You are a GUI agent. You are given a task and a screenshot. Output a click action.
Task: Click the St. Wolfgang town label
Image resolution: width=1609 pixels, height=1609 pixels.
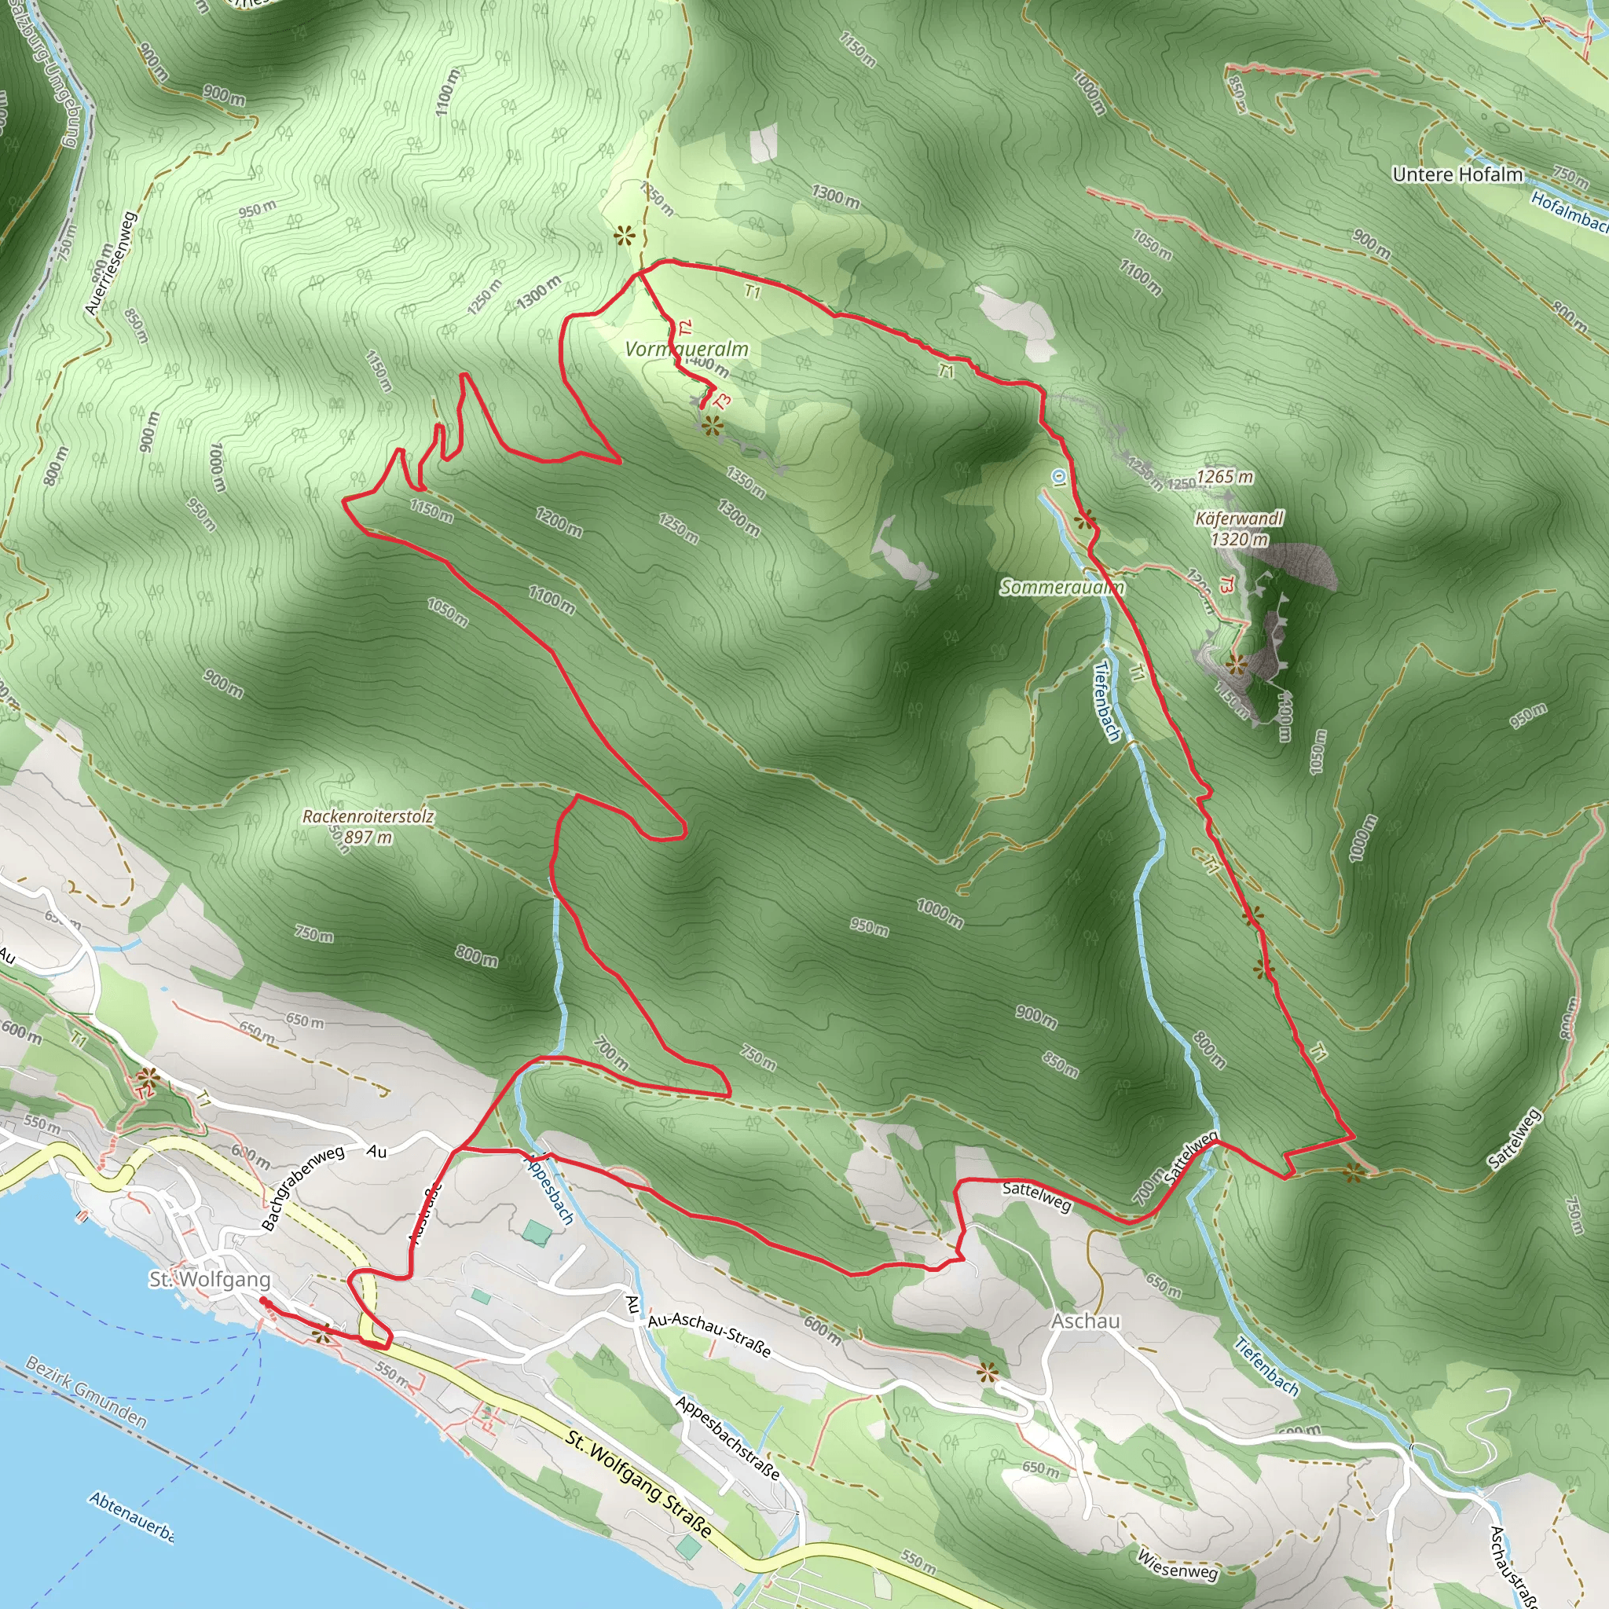click(x=209, y=1279)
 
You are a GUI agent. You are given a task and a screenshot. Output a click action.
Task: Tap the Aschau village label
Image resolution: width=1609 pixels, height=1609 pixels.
click(x=1085, y=1321)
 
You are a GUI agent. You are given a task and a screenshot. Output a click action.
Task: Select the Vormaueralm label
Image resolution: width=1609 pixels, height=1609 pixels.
click(x=686, y=349)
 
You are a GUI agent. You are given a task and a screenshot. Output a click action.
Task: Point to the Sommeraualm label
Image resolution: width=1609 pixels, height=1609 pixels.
click(x=1062, y=587)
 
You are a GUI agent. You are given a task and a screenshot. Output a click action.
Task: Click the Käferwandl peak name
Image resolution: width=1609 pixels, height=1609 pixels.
click(x=1239, y=519)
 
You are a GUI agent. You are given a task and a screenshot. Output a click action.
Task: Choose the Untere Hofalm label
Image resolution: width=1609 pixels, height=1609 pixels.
click(x=1457, y=175)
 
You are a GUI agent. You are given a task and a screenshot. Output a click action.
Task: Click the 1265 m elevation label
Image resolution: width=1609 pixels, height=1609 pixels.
click(x=1224, y=476)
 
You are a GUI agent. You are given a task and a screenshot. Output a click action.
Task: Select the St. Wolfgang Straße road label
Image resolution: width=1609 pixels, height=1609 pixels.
click(x=639, y=1484)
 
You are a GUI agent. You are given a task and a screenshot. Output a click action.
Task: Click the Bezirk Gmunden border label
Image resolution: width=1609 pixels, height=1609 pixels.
click(x=86, y=1391)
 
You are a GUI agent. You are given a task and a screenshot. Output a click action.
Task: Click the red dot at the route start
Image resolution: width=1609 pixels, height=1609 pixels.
click(x=263, y=1300)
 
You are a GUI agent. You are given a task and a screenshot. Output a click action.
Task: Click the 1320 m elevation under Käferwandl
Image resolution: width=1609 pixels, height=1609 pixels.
click(x=1239, y=540)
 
